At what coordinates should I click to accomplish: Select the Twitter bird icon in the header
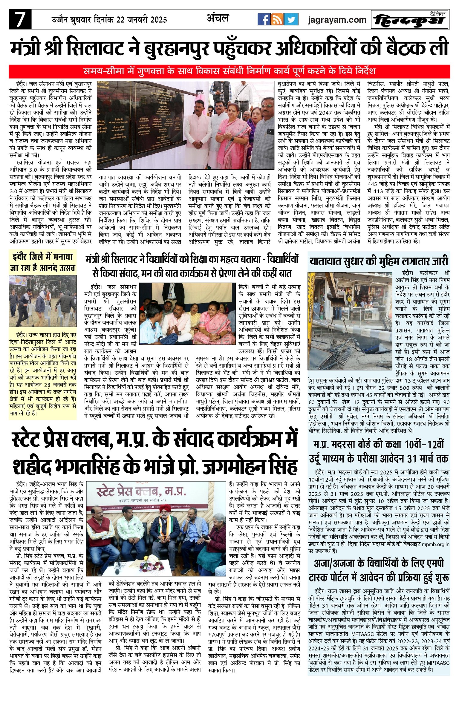coord(291,20)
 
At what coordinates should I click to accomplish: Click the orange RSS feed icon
coord(277,20)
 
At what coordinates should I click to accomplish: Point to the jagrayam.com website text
coord(337,20)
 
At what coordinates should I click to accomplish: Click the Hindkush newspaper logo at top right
coord(410,20)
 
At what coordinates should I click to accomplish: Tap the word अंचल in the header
coord(218,19)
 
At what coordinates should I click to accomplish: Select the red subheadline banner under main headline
coord(229,72)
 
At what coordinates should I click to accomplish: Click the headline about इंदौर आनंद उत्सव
coord(43,262)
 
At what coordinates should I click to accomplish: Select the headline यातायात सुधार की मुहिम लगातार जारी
coord(379,261)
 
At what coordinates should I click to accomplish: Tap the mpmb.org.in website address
coord(435,544)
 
